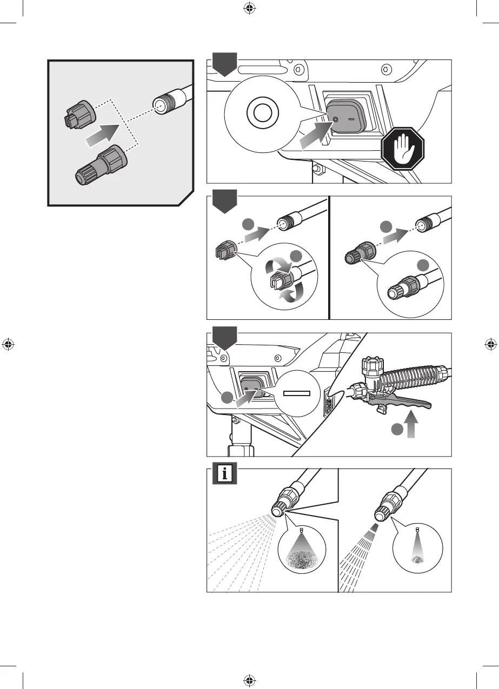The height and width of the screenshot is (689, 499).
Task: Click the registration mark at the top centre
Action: pos(249,8)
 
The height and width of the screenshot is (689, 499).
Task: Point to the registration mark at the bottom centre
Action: pos(249,681)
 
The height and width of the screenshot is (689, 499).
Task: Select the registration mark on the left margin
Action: pos(8,344)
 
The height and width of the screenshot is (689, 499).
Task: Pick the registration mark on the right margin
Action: pos(490,344)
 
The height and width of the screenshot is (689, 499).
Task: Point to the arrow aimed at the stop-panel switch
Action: pos(315,135)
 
